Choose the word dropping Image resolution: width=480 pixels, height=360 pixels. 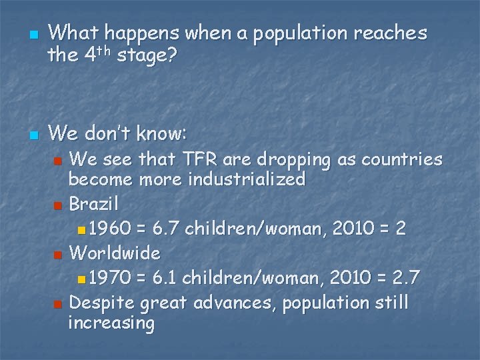pyautogui.click(x=293, y=161)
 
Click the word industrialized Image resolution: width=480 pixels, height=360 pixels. pyautogui.click(x=247, y=179)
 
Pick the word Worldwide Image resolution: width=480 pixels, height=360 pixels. pyautogui.click(x=114, y=253)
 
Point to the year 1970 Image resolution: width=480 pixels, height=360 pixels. pyautogui.click(x=110, y=277)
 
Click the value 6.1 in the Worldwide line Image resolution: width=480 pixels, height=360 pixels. pyautogui.click(x=164, y=277)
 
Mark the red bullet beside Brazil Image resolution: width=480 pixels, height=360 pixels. pyautogui.click(x=59, y=203)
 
